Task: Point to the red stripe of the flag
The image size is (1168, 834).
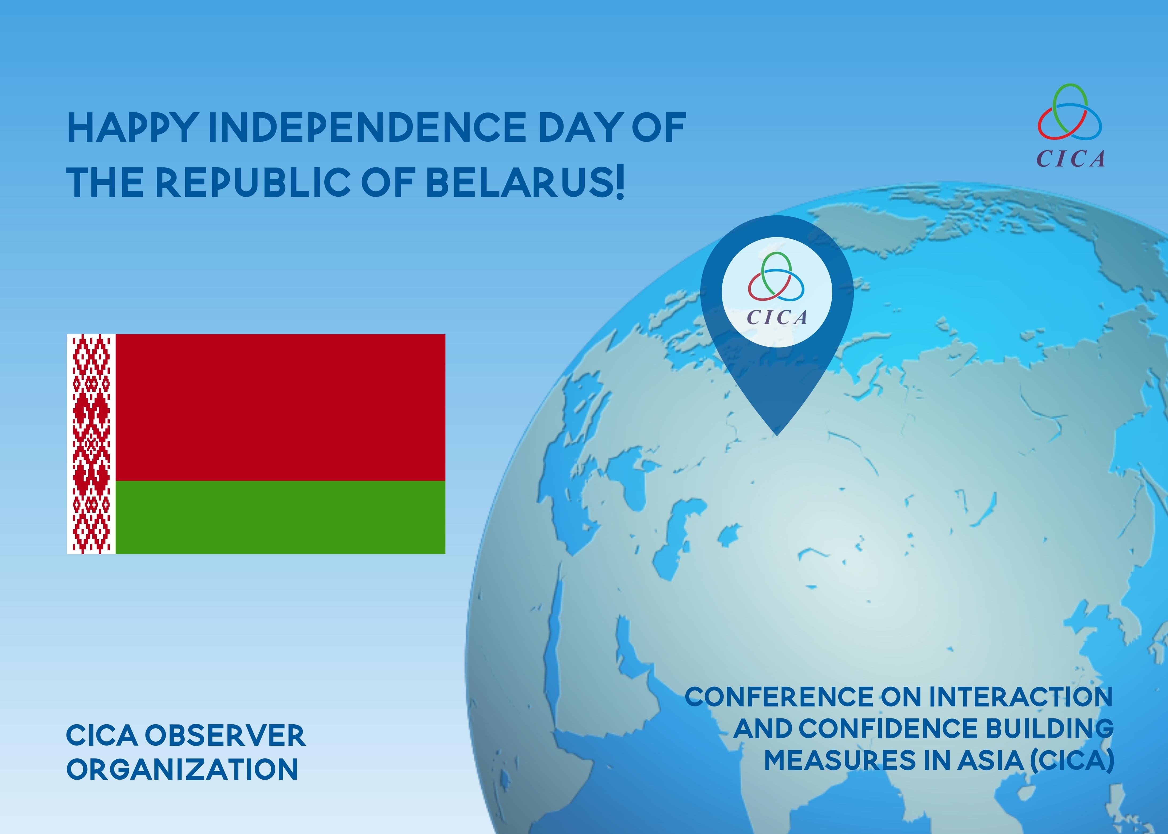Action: (x=280, y=407)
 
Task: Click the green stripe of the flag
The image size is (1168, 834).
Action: (x=280, y=517)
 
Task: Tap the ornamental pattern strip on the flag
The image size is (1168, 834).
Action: (x=91, y=444)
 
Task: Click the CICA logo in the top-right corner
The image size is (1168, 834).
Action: (x=1070, y=125)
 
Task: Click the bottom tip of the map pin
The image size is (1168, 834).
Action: (x=777, y=435)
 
